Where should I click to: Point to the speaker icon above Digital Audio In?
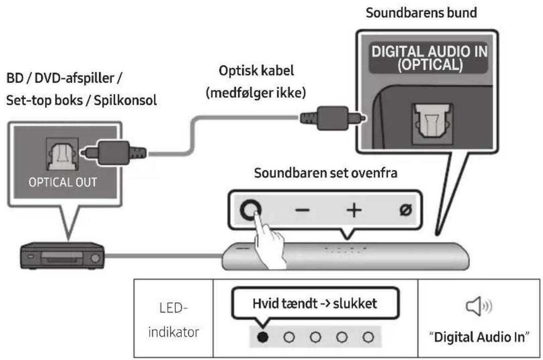pos(475,307)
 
